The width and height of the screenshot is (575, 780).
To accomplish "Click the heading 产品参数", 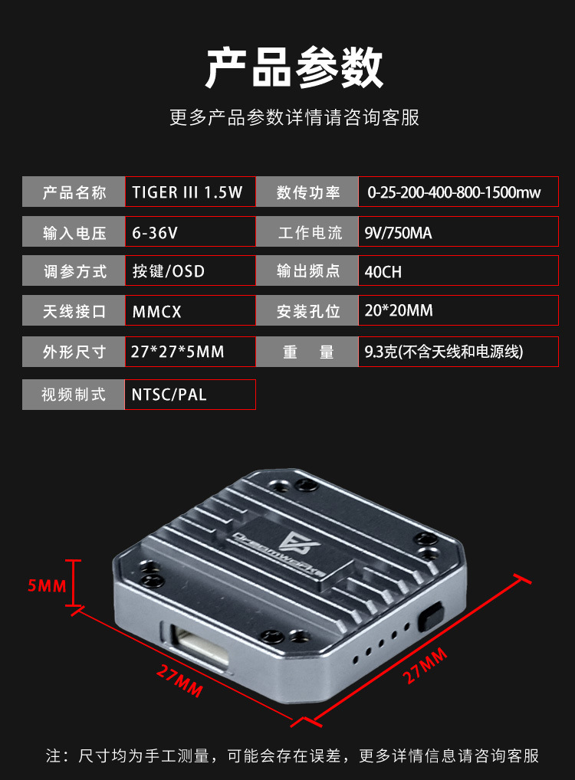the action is [294, 67].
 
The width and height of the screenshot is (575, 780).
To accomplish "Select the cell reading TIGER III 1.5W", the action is [190, 192].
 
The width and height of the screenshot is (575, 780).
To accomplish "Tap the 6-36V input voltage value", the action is [190, 231].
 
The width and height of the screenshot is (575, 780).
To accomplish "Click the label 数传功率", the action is [307, 192].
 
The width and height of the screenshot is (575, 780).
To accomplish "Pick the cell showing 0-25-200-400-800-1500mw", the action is [458, 192].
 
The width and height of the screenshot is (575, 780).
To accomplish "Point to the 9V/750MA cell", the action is [458, 231].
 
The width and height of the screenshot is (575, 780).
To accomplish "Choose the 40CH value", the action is [458, 270].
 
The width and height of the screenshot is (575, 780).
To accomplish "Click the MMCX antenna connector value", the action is [190, 310].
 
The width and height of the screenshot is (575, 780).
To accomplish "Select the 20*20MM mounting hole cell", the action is [458, 310].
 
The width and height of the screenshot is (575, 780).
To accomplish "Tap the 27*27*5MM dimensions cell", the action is [190, 352].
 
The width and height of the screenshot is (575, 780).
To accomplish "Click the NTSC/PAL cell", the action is [190, 395].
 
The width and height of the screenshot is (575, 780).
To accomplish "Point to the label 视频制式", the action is [74, 395].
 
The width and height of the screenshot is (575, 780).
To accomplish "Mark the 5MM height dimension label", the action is [47, 585].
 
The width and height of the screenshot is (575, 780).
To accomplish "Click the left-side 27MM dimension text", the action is [179, 680].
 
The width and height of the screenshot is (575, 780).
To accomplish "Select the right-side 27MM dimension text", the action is [425, 666].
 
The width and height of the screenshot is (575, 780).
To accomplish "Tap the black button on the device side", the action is [430, 617].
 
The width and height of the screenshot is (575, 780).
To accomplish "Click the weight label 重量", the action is [307, 352].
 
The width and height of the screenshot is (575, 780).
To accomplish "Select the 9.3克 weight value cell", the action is [458, 352].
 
